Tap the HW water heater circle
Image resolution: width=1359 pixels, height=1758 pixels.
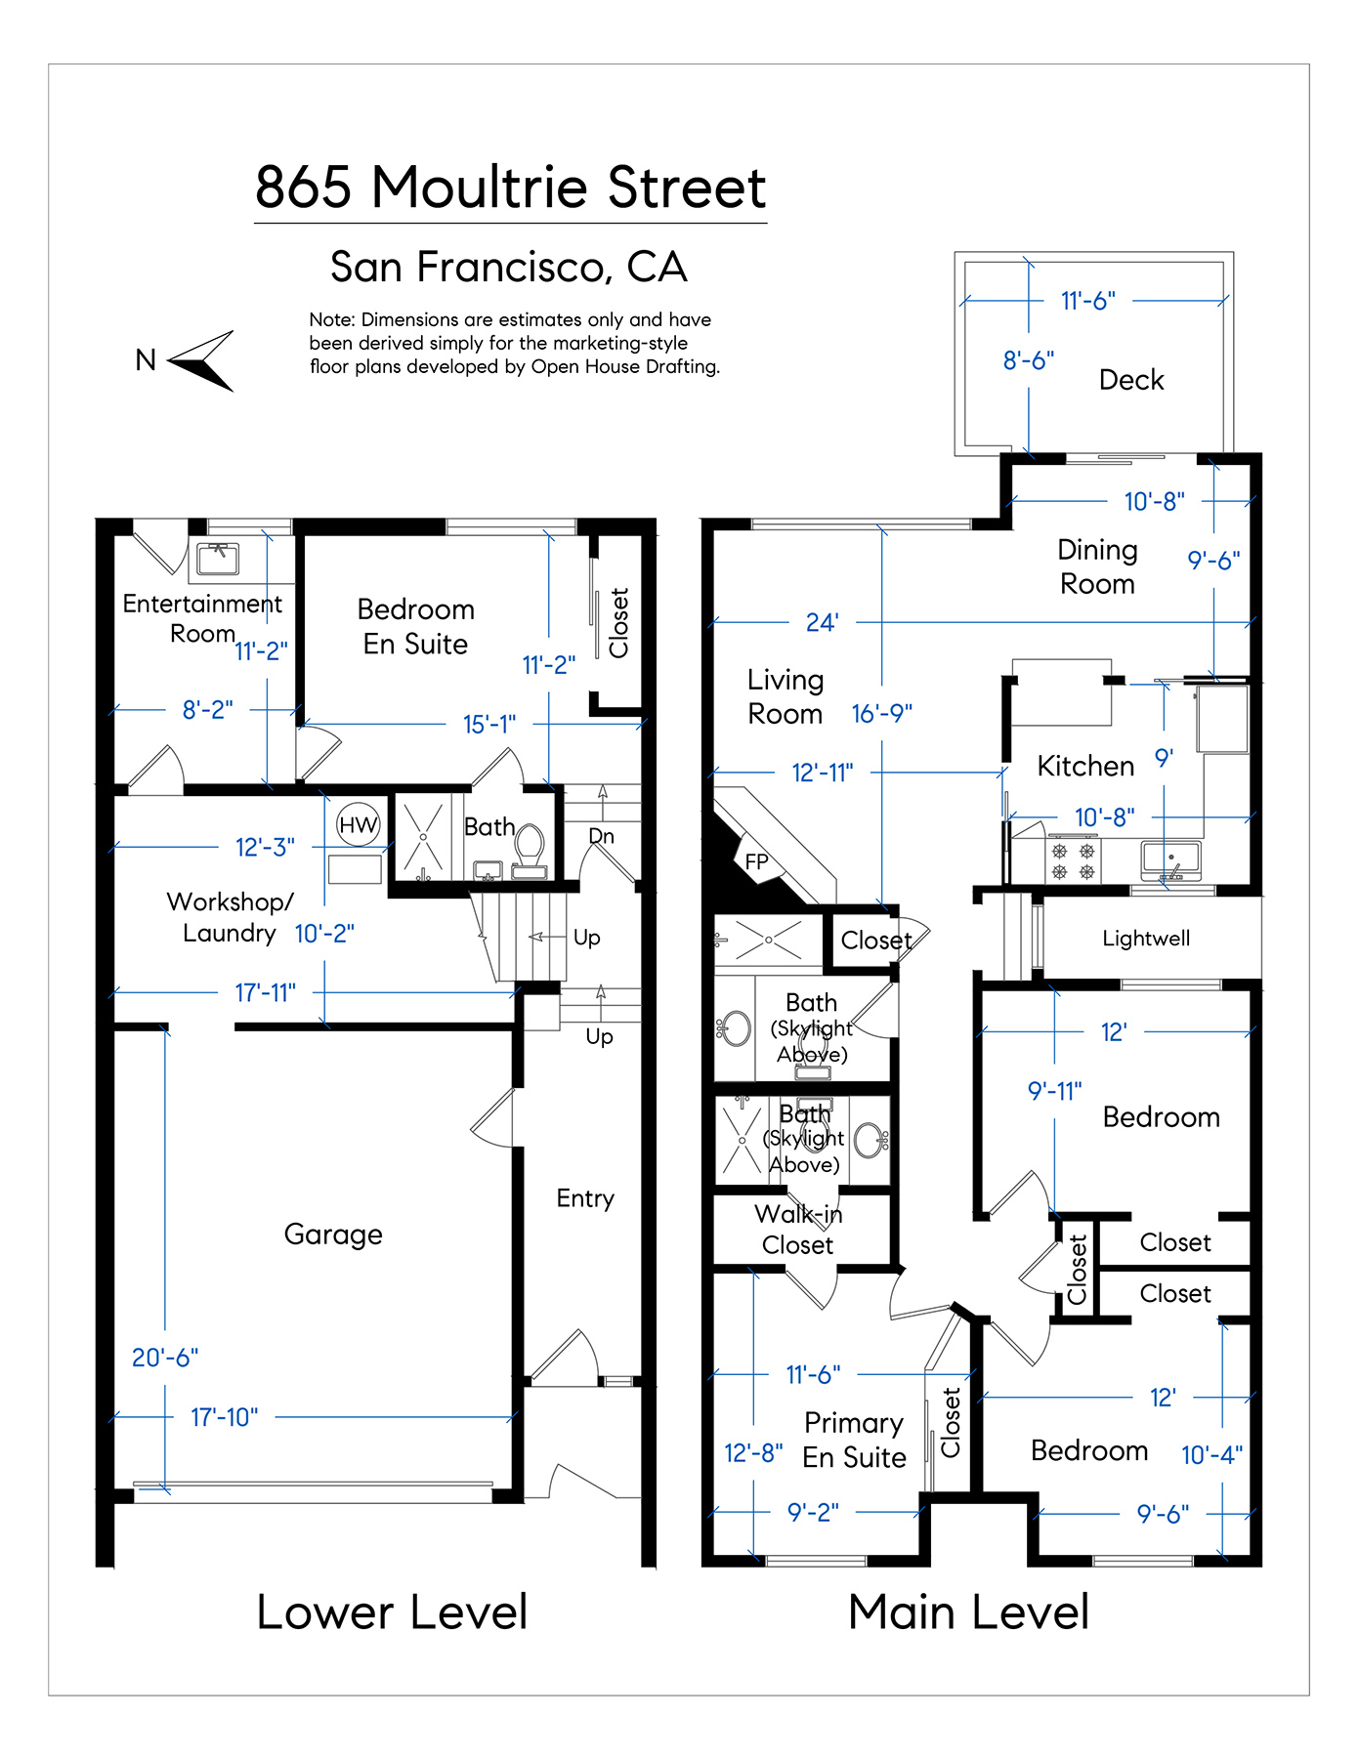click(359, 824)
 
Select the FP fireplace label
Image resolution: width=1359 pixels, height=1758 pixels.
click(756, 861)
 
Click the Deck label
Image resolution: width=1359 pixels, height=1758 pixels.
click(1131, 380)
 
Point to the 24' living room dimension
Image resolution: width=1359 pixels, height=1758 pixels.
click(823, 622)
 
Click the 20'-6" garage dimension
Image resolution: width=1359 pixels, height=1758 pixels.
click(165, 1358)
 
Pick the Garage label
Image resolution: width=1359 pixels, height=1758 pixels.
click(333, 1235)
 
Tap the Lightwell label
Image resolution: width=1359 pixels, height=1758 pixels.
click(1146, 939)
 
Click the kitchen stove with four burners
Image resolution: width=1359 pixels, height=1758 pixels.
click(1073, 860)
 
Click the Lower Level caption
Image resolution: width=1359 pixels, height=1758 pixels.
click(392, 1611)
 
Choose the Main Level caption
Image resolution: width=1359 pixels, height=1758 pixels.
click(968, 1611)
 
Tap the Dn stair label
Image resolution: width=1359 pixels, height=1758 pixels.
click(602, 836)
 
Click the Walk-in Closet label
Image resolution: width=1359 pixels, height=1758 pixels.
click(798, 1230)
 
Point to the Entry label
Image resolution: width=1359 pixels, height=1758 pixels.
click(585, 1198)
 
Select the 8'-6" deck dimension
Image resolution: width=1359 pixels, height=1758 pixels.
click(1029, 360)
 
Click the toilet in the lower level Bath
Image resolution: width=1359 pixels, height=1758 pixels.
click(530, 845)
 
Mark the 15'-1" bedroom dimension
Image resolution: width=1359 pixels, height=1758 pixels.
click(489, 724)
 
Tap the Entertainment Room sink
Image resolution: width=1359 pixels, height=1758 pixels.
click(218, 558)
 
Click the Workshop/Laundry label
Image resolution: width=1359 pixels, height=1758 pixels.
click(230, 917)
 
